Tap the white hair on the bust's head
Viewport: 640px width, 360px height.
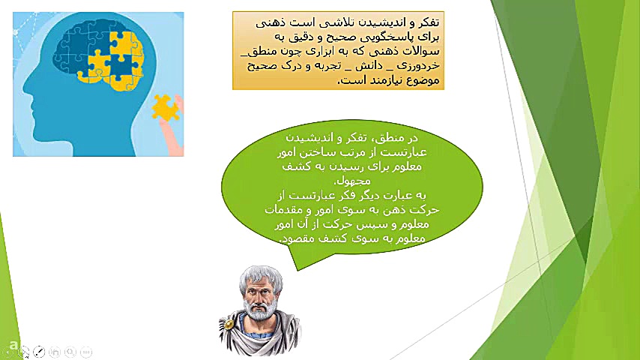[260, 271]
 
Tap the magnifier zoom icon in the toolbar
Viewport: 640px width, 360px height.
[70, 351]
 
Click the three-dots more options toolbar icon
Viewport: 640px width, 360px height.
[86, 351]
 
